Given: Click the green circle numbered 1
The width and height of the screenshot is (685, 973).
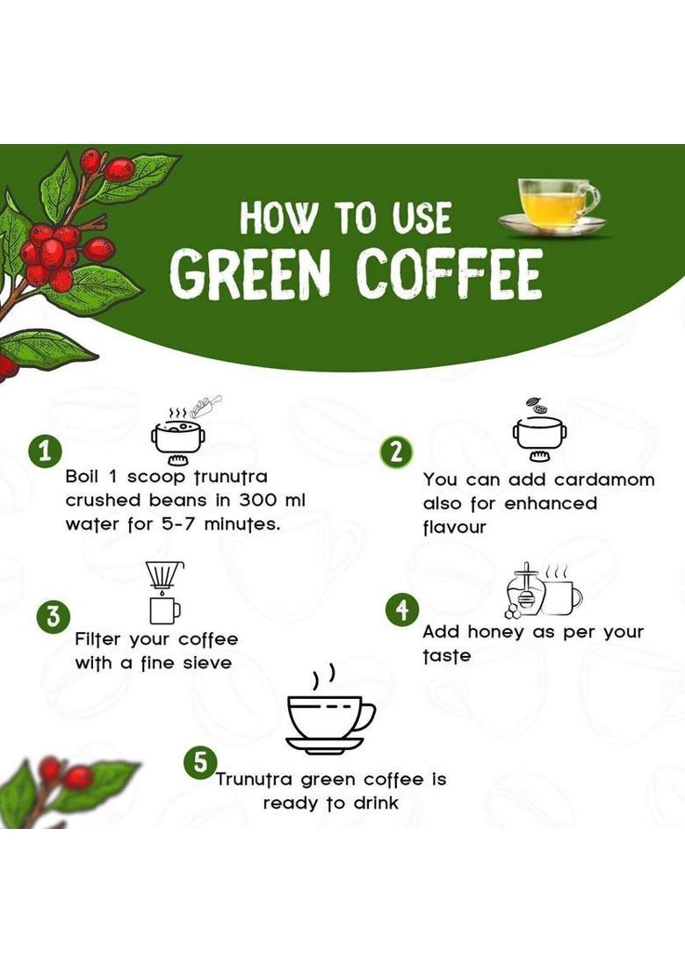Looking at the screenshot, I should (45, 452).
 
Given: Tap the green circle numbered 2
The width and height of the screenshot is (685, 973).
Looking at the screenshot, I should (396, 452).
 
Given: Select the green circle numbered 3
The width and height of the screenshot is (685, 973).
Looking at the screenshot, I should (54, 616).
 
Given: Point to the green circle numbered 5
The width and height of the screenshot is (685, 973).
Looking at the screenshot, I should (200, 761).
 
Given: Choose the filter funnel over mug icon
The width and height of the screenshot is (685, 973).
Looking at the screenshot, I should (163, 592).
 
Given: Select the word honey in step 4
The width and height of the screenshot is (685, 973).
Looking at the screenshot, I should (500, 632).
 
